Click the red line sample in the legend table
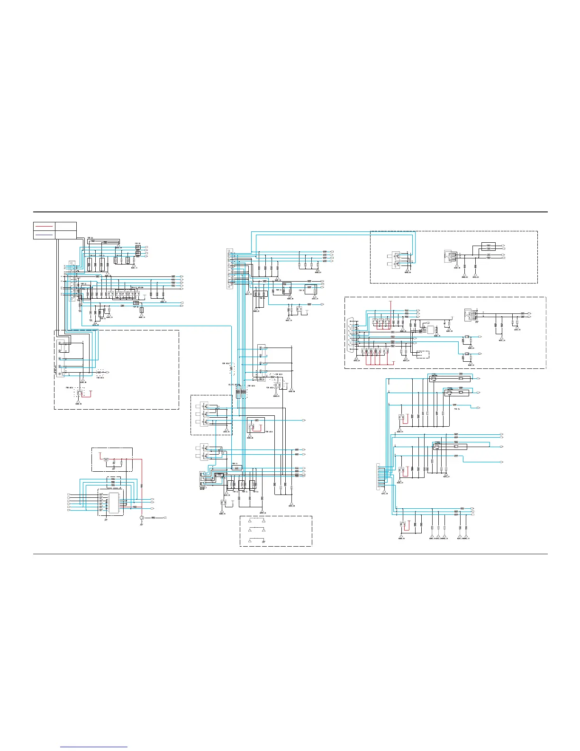coord(44,226)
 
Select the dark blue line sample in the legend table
coord(44,234)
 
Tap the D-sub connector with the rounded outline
coord(351,335)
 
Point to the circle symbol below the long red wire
coord(141,518)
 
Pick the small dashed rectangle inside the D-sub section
coord(421,355)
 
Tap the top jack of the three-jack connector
coord(204,406)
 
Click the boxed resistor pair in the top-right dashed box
coord(489,247)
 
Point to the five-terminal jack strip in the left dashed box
coord(60,358)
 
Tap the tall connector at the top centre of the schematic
coord(229,268)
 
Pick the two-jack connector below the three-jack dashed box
coord(204,451)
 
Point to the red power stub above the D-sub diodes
coord(390,308)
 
